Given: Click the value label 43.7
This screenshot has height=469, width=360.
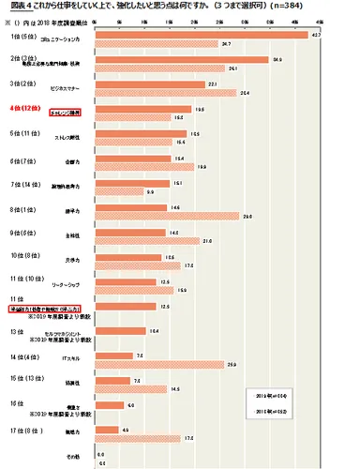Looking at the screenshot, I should (315, 37).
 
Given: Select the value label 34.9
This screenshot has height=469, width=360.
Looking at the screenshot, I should (277, 60).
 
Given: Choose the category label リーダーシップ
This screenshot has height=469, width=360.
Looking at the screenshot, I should (70, 282).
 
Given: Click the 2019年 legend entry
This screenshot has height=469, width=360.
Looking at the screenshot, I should (271, 398).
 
